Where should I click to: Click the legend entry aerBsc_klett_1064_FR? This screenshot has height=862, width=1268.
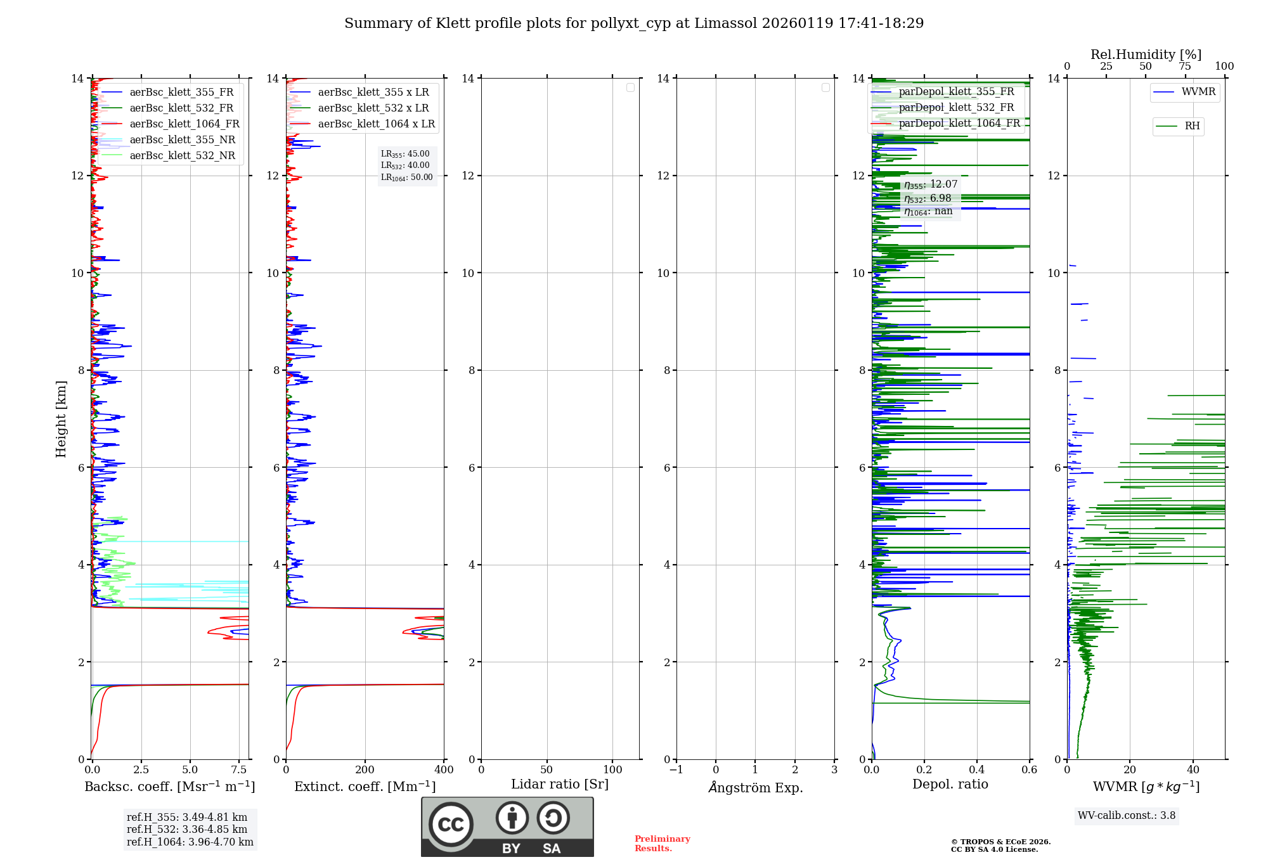click(x=184, y=124)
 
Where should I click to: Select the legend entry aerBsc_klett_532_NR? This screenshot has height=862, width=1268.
click(x=182, y=156)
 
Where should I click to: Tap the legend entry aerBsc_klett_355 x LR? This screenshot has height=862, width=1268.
click(x=373, y=93)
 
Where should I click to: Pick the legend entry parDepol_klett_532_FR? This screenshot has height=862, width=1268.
click(x=956, y=108)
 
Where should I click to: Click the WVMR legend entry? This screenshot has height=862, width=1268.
click(x=1198, y=92)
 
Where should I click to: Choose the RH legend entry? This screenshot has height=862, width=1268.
click(x=1192, y=126)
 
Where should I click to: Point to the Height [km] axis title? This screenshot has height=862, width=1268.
click(x=61, y=419)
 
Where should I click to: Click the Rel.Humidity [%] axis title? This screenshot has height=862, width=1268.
click(x=1146, y=55)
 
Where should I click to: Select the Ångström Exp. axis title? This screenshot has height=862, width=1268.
click(x=755, y=788)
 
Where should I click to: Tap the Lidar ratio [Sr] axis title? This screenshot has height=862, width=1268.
click(x=560, y=785)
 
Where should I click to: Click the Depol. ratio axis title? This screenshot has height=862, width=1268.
click(x=950, y=785)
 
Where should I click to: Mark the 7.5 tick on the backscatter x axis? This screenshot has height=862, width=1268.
click(x=239, y=770)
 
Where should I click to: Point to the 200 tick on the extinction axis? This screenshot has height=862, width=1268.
click(x=365, y=770)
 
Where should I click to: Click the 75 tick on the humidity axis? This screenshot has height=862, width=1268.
click(x=1185, y=67)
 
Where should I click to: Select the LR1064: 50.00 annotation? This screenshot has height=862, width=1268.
click(x=407, y=177)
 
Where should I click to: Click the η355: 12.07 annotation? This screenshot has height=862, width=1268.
click(x=931, y=184)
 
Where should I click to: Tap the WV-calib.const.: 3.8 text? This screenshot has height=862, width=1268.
click(x=1127, y=816)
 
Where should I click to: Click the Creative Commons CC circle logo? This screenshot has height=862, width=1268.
click(x=451, y=825)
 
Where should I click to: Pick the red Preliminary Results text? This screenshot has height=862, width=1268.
click(x=662, y=844)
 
